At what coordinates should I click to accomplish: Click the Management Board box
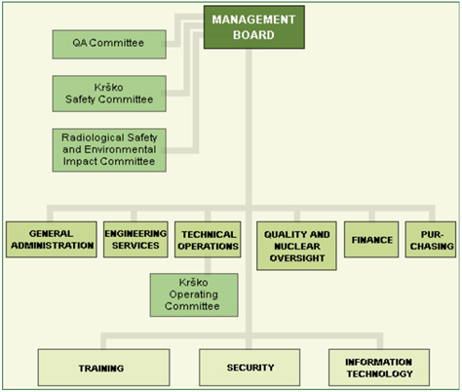click(x=254, y=27)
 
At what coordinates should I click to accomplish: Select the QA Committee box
click(x=109, y=45)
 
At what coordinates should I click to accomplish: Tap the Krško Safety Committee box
click(x=109, y=94)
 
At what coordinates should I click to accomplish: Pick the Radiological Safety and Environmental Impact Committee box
click(x=109, y=150)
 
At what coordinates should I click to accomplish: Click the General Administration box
click(x=52, y=240)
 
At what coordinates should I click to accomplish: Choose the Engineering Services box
click(x=135, y=240)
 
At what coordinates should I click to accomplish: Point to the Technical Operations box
click(x=208, y=240)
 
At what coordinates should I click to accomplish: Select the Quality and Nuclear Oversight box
click(x=296, y=246)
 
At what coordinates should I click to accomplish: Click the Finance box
click(x=371, y=240)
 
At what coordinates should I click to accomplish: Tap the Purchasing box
click(x=431, y=240)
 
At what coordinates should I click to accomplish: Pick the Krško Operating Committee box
click(x=194, y=294)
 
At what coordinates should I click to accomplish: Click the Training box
click(x=103, y=368)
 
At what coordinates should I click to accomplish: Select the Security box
click(x=250, y=368)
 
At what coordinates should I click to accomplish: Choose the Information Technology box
click(x=379, y=368)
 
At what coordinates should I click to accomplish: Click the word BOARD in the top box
click(x=253, y=35)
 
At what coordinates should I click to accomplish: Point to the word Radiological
click(x=93, y=137)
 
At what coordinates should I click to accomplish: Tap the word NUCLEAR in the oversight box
click(x=297, y=247)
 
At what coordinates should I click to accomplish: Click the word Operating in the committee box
click(x=194, y=294)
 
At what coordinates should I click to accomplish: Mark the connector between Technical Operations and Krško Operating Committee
click(x=208, y=265)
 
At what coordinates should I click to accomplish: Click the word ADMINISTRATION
click(x=53, y=246)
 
